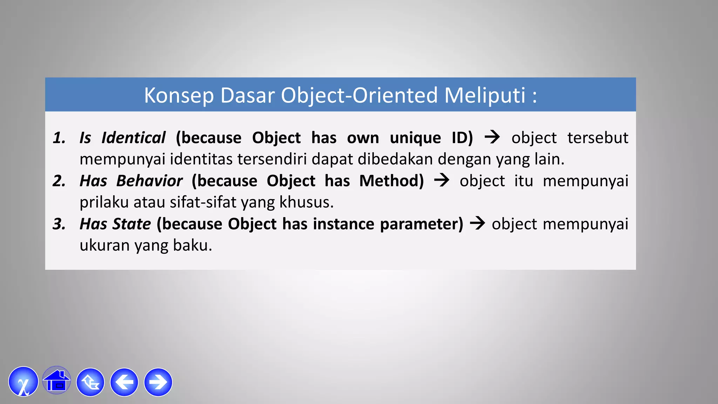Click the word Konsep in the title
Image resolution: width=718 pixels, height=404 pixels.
point(179,95)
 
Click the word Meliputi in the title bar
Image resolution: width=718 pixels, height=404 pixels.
point(485,95)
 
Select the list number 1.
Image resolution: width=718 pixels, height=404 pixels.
point(59,137)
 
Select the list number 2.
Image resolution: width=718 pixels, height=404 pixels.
point(59,181)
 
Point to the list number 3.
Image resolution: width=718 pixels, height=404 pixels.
point(59,224)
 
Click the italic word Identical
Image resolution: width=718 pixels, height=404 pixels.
point(133,137)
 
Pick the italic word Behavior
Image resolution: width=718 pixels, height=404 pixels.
point(149,181)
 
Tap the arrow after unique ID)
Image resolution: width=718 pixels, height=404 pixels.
point(492,137)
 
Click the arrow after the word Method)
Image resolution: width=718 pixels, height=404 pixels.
point(441,180)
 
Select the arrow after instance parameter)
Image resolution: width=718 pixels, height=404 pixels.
point(477,223)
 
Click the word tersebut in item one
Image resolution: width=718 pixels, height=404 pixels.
point(598,137)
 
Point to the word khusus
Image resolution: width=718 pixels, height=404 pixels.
point(306,202)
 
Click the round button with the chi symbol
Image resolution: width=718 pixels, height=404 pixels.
point(23,382)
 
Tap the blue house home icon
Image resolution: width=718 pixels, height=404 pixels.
point(56,381)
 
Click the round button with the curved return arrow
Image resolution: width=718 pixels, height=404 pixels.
point(90,382)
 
